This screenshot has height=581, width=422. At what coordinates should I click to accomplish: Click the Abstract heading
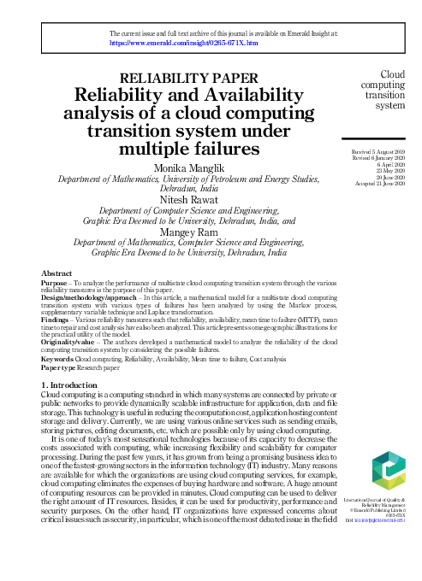click(x=56, y=273)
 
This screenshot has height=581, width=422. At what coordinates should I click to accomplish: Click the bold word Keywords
click(x=58, y=360)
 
